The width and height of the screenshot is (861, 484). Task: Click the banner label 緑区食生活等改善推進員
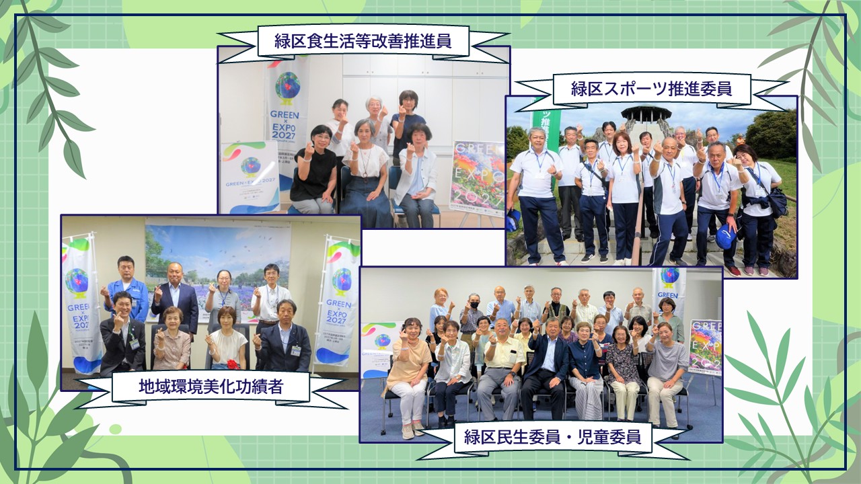[x=363, y=42]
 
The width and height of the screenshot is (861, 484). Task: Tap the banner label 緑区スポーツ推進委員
[x=650, y=88]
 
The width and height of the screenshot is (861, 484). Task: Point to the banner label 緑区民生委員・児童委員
[x=552, y=438]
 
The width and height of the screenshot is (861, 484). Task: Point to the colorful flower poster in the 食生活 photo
[x=478, y=178]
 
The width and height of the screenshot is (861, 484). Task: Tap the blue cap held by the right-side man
[x=725, y=236]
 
